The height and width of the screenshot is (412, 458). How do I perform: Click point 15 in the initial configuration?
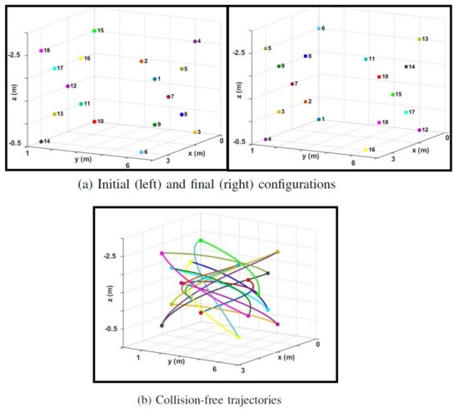[94, 31]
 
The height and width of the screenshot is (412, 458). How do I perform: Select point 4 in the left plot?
[195, 41]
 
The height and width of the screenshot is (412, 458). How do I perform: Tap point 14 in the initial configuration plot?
[41, 141]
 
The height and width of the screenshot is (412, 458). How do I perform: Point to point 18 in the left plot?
[41, 51]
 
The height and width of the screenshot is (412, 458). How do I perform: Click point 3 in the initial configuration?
[192, 132]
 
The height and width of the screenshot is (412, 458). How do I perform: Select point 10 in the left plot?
[94, 122]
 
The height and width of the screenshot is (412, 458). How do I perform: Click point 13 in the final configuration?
[418, 39]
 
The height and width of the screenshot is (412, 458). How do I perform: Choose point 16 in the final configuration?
[366, 151]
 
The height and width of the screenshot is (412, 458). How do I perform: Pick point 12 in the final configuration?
[417, 131]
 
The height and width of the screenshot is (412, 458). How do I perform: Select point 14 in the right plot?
[406, 66]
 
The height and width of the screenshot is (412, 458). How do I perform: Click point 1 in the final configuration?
[318, 120]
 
